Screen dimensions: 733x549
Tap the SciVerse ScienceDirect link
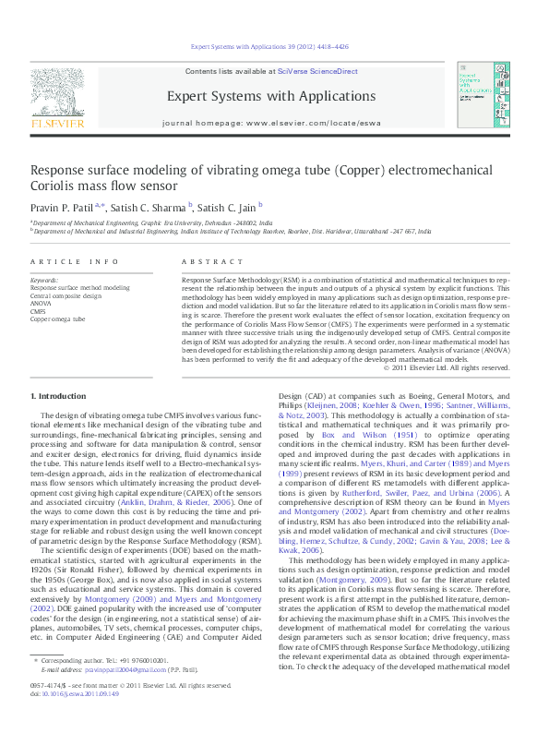[x=326, y=71]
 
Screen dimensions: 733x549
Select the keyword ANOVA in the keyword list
[x=42, y=303]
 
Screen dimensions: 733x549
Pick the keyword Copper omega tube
[x=57, y=318]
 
